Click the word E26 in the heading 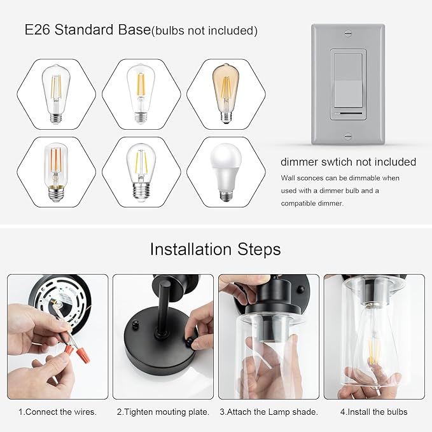point(39,30)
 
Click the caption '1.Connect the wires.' point(57,412)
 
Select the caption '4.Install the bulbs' point(375,412)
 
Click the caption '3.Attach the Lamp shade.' point(269,412)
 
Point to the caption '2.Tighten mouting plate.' point(163,412)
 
